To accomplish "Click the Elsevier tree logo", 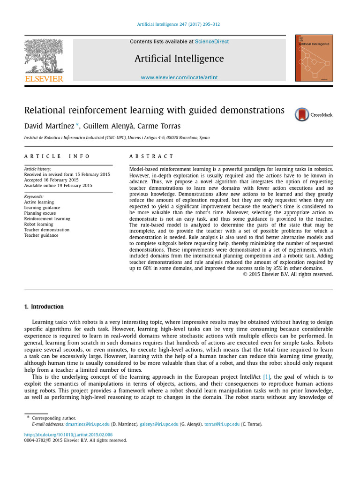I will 44,55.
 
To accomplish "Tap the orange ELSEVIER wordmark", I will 44,79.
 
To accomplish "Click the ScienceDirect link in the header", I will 212,42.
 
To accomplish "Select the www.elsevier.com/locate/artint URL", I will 179,77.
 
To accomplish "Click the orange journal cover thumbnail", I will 314,58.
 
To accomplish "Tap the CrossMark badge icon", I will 302,114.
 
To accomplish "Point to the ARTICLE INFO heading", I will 57,156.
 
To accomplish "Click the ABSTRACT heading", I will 151,156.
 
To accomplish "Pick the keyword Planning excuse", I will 41,213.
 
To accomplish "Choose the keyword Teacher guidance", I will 41,235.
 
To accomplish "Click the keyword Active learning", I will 39,202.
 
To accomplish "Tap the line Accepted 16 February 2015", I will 51,180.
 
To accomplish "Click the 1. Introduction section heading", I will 44,307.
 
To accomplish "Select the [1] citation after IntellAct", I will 267,376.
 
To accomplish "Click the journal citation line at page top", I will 180,24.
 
